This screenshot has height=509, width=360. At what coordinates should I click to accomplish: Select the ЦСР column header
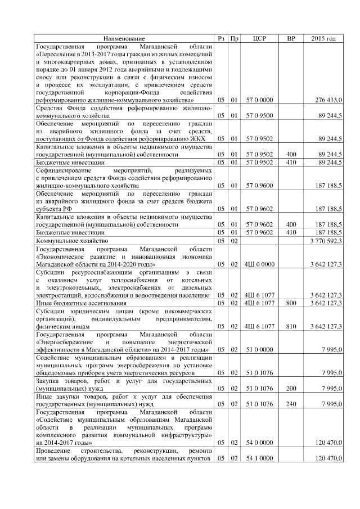[259, 38]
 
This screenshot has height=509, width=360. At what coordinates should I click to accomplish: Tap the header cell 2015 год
[323, 38]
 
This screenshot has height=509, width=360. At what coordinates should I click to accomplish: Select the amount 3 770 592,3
[326, 240]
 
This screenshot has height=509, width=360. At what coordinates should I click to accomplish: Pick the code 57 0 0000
[259, 100]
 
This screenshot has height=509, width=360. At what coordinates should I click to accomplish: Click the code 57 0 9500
[259, 115]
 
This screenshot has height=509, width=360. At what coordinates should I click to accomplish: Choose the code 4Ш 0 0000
[259, 263]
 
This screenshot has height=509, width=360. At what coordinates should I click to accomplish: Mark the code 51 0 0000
[259, 349]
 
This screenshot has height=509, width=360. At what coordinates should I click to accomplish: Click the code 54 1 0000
[259, 459]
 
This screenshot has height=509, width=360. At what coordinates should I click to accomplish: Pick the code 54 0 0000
[259, 443]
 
